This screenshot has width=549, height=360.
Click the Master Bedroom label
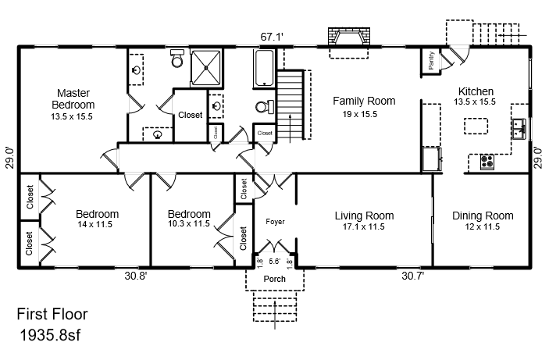pos(73,98)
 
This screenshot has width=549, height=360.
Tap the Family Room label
pos(364,101)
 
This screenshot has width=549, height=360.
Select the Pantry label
pos(431,60)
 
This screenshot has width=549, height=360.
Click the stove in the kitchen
pos(487,162)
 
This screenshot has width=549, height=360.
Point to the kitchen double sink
pos(519,129)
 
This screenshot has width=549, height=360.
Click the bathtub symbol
pos(264,68)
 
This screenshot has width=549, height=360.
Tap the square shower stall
pos(206,68)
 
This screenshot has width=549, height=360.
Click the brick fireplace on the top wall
pos(349,37)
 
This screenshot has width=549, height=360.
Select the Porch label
pos(275,279)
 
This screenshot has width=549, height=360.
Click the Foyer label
pos(275,222)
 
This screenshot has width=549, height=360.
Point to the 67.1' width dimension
pos(272,37)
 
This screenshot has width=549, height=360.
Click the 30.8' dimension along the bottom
pos(136,276)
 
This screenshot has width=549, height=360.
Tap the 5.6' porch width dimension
pos(275,262)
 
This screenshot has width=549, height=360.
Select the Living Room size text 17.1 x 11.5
pos(363,227)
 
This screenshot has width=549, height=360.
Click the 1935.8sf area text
pos(50,335)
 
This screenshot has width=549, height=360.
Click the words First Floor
pos(52,314)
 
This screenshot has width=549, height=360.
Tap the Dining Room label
pos(483,216)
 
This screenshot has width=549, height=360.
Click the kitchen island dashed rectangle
pos(476,126)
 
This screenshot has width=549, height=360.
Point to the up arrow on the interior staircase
pos(290,128)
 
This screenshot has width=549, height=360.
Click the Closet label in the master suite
pos(190,115)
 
